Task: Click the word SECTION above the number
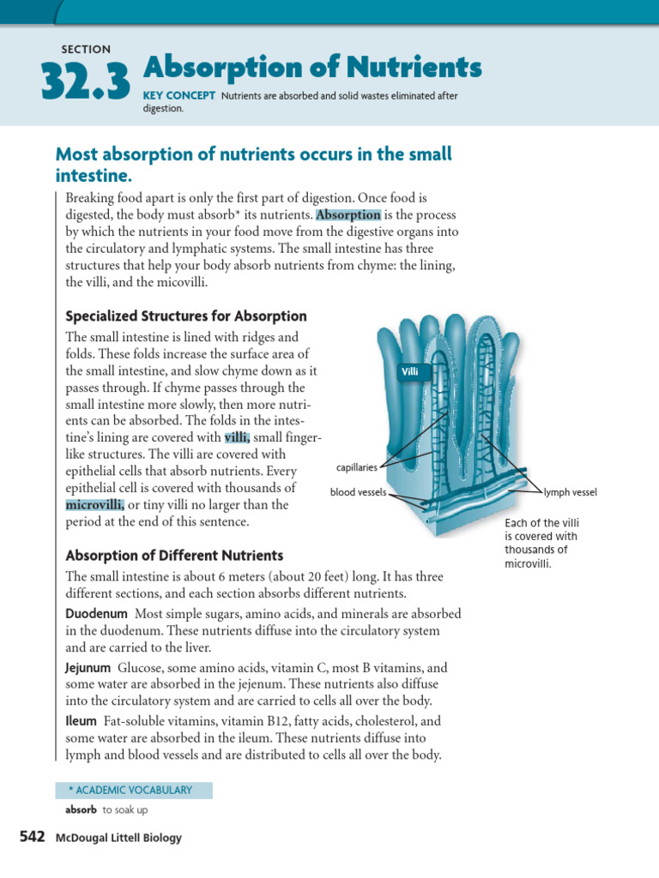[x=86, y=50]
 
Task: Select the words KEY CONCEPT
[x=178, y=96]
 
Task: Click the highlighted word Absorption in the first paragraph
[x=348, y=215]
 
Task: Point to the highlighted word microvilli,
[x=95, y=504]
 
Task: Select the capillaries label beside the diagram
[x=357, y=468]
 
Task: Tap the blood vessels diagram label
[x=358, y=492]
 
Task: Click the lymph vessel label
[x=570, y=492]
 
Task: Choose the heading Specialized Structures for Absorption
[x=186, y=316]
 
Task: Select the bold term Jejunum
[x=88, y=667]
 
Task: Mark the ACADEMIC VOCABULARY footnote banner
[x=133, y=790]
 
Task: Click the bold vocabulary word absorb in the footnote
[x=81, y=809]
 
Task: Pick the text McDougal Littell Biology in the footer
[x=118, y=838]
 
